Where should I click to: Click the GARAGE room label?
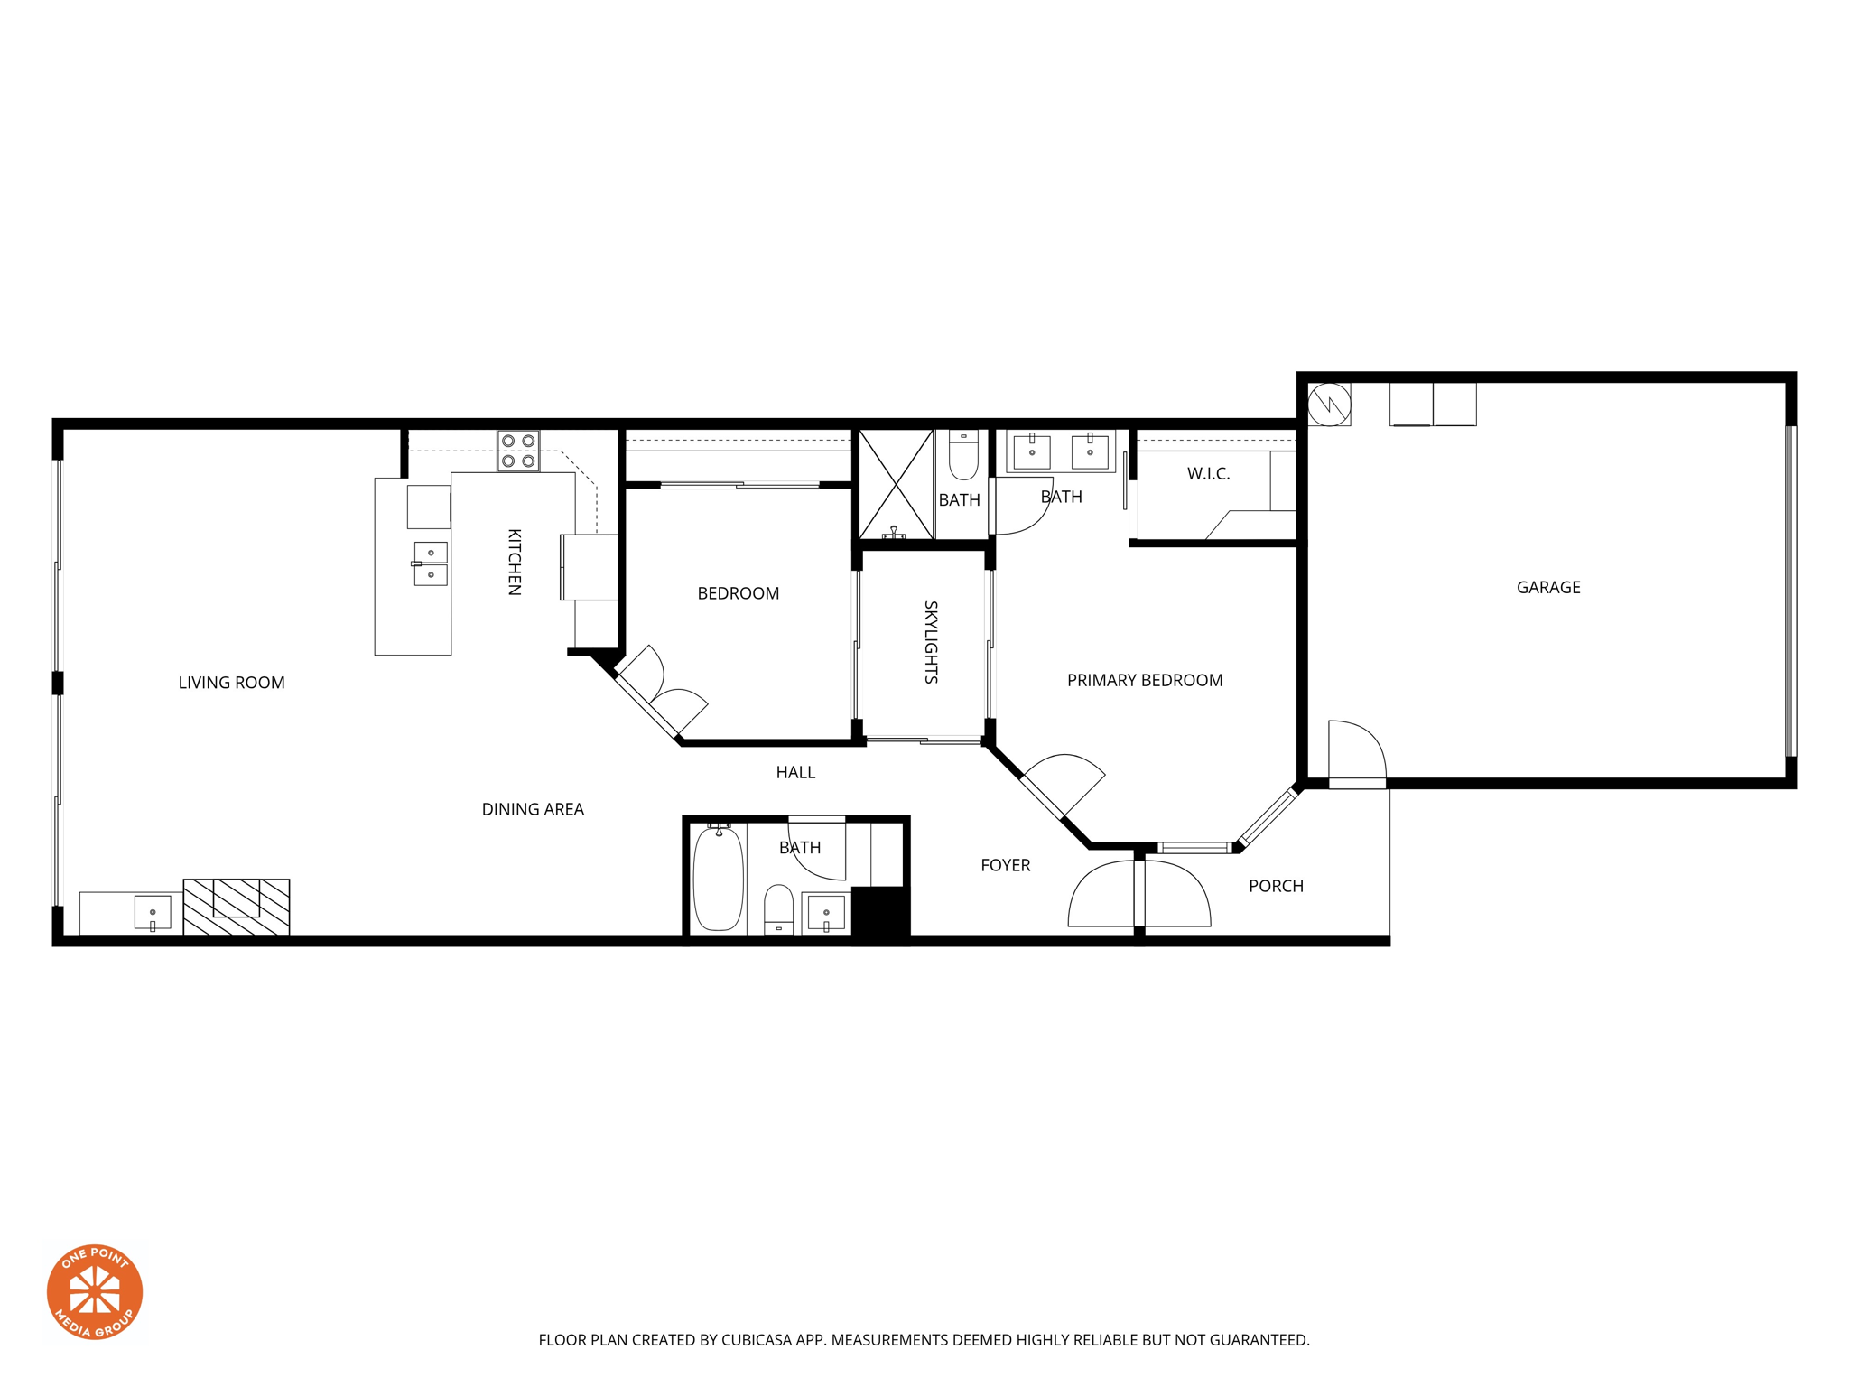point(1547,587)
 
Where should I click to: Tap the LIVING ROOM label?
point(231,683)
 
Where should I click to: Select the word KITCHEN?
point(514,562)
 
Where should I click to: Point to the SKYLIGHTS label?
point(931,642)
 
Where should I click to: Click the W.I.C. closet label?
point(1208,474)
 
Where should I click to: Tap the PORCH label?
point(1275,886)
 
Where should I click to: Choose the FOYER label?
point(1005,865)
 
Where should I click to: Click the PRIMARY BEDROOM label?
point(1144,680)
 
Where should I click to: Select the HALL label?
point(794,772)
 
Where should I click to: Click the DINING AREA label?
point(532,809)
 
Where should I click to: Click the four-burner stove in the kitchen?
point(518,451)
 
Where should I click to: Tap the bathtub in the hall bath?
point(718,879)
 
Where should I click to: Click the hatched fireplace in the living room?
point(237,906)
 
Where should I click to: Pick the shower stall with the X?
point(895,485)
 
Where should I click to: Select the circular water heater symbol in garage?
point(1329,404)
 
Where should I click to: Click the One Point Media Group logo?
point(95,1291)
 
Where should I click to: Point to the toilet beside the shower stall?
point(963,456)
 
